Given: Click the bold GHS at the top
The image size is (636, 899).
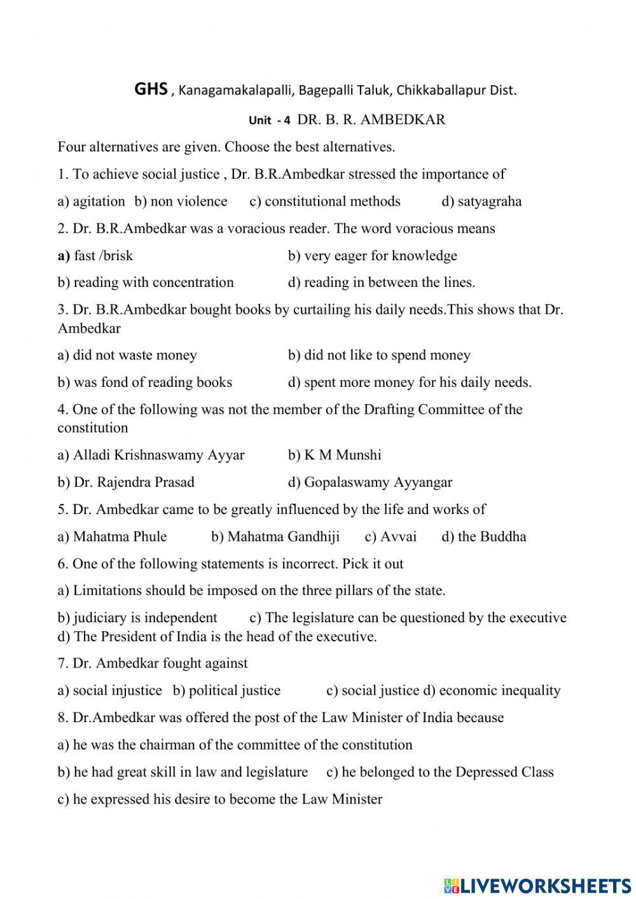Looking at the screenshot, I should click(x=151, y=89).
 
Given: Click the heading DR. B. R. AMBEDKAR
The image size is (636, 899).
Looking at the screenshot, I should click(x=371, y=120).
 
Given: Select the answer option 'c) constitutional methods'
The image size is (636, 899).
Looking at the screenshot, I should click(x=325, y=202).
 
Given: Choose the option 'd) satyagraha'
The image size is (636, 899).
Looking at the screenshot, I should click(x=481, y=202).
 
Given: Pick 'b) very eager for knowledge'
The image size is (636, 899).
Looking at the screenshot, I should click(x=372, y=256).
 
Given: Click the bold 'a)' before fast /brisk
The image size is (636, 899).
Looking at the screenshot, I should click(x=64, y=256).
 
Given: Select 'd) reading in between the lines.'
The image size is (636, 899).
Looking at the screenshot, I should click(x=381, y=282).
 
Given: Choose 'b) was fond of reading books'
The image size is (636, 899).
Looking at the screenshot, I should click(x=144, y=382).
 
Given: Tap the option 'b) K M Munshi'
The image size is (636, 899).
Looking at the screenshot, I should click(x=335, y=455).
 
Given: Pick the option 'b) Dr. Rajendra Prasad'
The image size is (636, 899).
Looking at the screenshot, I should click(x=126, y=482).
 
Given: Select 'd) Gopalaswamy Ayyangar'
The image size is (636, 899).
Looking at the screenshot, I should click(x=370, y=482).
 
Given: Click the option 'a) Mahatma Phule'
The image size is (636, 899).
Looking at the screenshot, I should click(x=112, y=536).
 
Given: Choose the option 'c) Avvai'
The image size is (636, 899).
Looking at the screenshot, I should click(x=391, y=536).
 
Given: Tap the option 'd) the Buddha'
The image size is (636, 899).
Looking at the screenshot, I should click(x=484, y=536).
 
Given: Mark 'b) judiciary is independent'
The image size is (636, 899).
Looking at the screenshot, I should click(x=137, y=618).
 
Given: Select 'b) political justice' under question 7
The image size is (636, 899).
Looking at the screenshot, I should click(x=226, y=690).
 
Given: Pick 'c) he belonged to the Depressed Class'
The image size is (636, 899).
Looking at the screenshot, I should click(x=439, y=772).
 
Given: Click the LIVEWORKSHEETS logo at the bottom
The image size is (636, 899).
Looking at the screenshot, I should click(x=537, y=885).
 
